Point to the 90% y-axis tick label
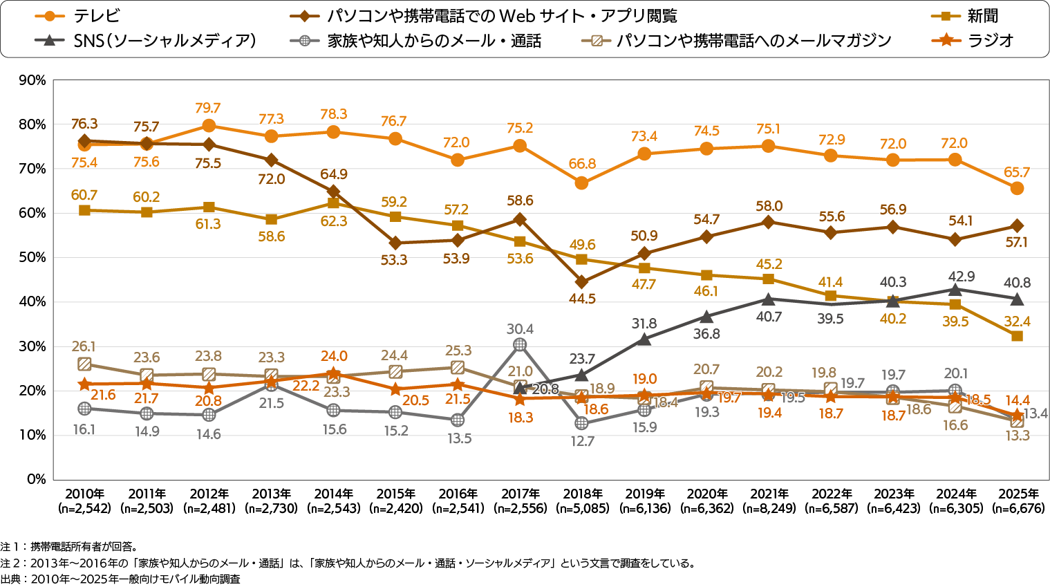[32, 80]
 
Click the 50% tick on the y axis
[32, 257]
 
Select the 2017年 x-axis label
[520, 494]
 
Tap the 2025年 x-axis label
[1018, 494]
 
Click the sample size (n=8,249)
[769, 508]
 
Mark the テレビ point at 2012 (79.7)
[209, 126]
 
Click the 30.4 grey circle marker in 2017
[520, 344]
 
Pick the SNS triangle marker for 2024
[955, 289]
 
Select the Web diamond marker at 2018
[582, 282]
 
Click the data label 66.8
[582, 164]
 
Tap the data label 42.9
[961, 277]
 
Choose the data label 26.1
[84, 346]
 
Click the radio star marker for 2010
[84, 384]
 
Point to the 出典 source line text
[120, 579]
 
